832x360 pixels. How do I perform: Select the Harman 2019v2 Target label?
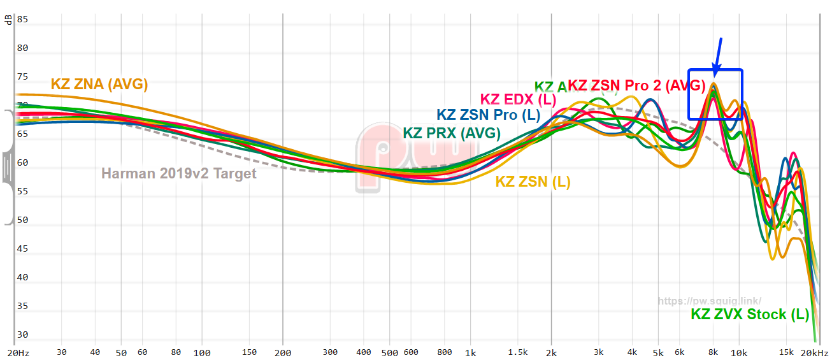coord(179,173)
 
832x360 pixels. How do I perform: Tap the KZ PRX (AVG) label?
coord(451,133)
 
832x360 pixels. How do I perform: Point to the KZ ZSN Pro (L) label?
coord(488,115)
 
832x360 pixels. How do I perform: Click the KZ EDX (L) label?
coord(518,99)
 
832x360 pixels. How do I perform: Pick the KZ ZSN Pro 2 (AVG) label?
coord(636,85)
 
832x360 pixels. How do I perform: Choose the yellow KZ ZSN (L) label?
coord(533,182)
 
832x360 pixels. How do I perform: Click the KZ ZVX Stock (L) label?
coord(750,314)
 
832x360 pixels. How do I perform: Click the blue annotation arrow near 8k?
coord(717,56)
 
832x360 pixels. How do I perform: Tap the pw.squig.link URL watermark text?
coord(709,301)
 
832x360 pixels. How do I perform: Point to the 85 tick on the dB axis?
coord(22,19)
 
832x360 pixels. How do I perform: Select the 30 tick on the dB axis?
coord(22,335)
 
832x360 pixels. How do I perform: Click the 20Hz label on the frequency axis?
coord(18,352)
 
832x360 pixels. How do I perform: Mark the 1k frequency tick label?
coord(470,352)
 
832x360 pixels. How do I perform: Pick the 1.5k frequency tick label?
coord(519,352)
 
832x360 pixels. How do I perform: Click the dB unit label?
coord(8,19)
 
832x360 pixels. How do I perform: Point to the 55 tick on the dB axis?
coord(22,192)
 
